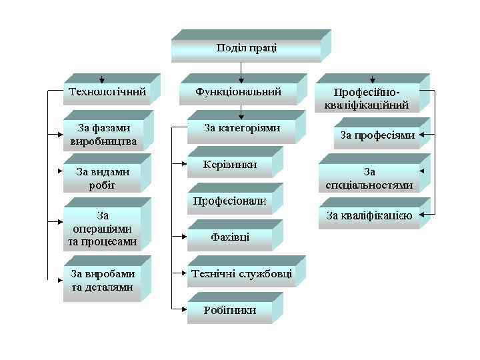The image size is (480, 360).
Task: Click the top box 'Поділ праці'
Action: click(246, 49)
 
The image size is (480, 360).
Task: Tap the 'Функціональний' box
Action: click(238, 92)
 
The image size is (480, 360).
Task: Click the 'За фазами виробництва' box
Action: click(103, 134)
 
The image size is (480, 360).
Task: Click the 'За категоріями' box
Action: click(241, 128)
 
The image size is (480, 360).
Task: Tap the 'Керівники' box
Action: click(229, 165)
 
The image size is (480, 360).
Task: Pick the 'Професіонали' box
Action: click(229, 201)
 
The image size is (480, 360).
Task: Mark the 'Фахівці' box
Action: click(229, 237)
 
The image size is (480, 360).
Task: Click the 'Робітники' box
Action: click(229, 310)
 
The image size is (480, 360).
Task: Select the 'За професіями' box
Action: click(377, 135)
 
